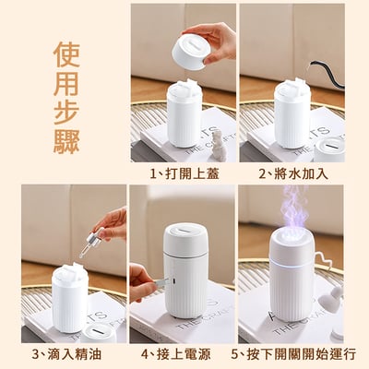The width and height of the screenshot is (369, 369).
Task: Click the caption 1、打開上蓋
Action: pyautogui.click(x=184, y=174)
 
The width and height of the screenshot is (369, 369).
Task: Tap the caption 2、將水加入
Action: pyautogui.click(x=293, y=174)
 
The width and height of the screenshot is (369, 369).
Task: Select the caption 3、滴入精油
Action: pyautogui.click(x=66, y=354)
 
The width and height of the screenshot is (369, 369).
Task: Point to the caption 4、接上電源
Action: pyautogui.click(x=176, y=354)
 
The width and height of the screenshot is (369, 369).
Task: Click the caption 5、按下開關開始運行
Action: pyautogui.click(x=293, y=354)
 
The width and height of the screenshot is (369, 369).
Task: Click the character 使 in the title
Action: pyautogui.click(x=66, y=54)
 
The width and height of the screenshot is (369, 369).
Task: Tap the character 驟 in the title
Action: pyautogui.click(x=66, y=141)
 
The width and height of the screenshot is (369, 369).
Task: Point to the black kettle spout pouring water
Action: pyautogui.click(x=326, y=74)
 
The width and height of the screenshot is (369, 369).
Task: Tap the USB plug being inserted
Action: pyautogui.click(x=162, y=282)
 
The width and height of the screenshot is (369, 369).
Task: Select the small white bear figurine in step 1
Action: pyautogui.click(x=219, y=146)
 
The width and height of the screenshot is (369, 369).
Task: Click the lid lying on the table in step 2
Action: pyautogui.click(x=328, y=149)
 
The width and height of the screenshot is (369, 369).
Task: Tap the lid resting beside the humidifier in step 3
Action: pyautogui.click(x=98, y=333)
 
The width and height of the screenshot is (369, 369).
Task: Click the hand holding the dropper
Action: pyautogui.click(x=112, y=223)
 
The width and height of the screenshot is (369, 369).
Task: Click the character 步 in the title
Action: pyautogui.click(x=66, y=112)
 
